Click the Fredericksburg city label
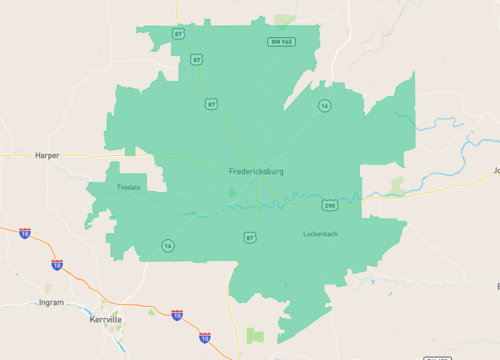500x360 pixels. (255, 172)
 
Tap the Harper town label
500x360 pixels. (47, 156)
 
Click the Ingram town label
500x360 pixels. (51, 302)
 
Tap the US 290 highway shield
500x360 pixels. (329, 205)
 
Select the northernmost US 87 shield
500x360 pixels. (178, 33)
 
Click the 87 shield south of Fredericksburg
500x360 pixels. (249, 237)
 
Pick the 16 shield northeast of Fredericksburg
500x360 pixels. (324, 105)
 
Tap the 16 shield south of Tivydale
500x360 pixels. (167, 245)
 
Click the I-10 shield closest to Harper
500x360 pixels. (24, 233)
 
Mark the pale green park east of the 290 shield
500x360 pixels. (398, 185)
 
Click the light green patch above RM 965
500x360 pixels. (286, 19)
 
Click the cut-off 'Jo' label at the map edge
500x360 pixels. (495, 171)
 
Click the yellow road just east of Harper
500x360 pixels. (85, 155)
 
